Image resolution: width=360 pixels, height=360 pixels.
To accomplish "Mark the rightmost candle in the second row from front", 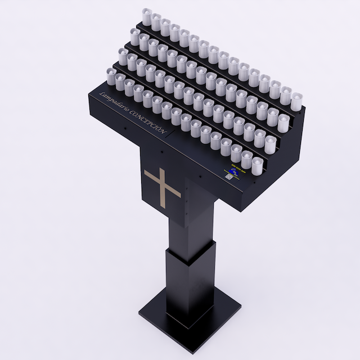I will coord(271,143).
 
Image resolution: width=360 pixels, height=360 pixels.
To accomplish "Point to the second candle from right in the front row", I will coord(247,158).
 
